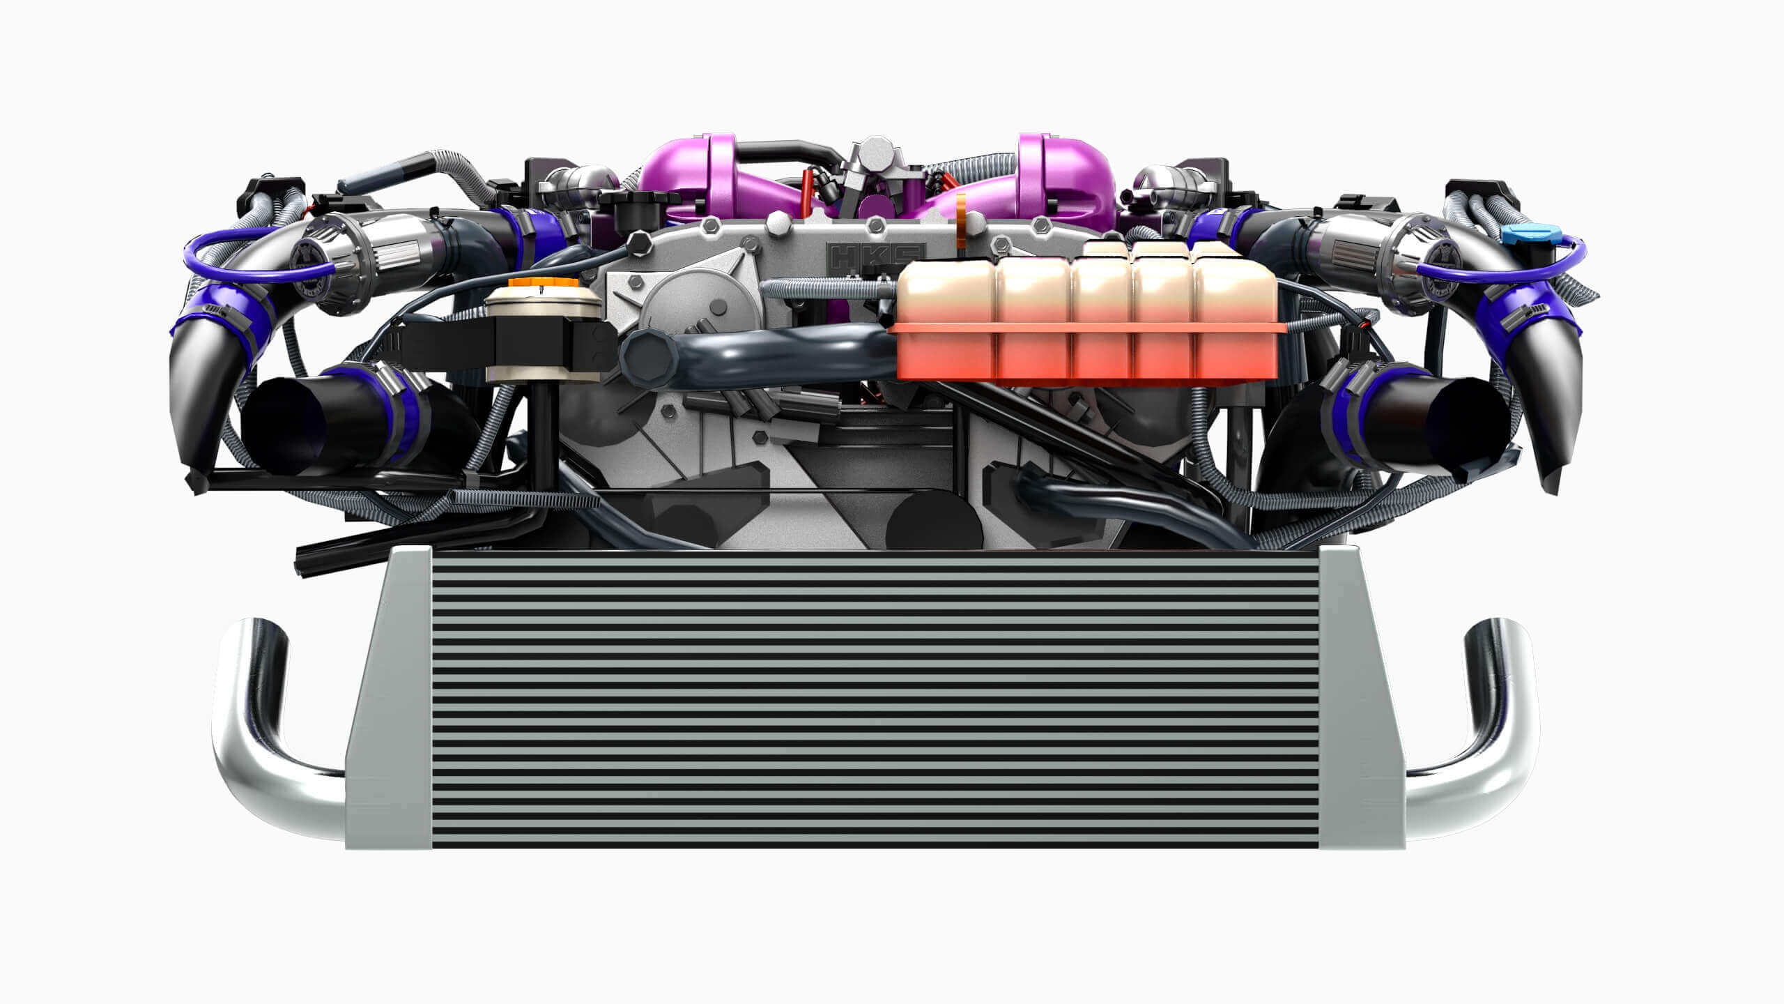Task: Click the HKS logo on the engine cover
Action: coord(875,256)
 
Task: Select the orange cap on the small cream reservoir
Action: coord(543,286)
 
